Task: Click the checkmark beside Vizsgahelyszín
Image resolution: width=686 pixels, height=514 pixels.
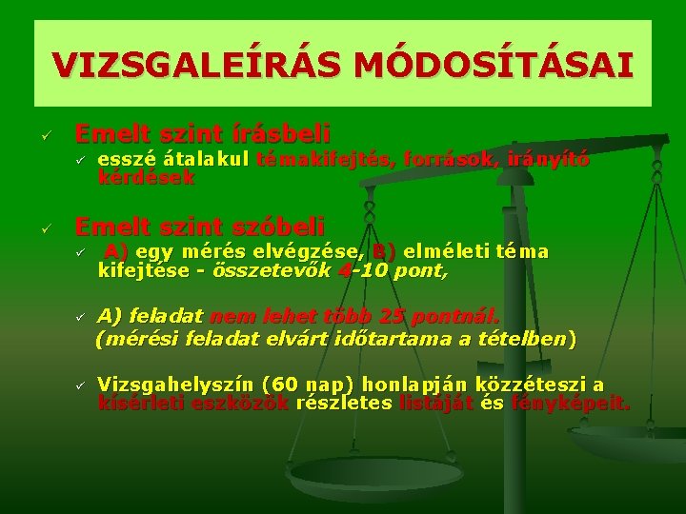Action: click(x=82, y=385)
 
